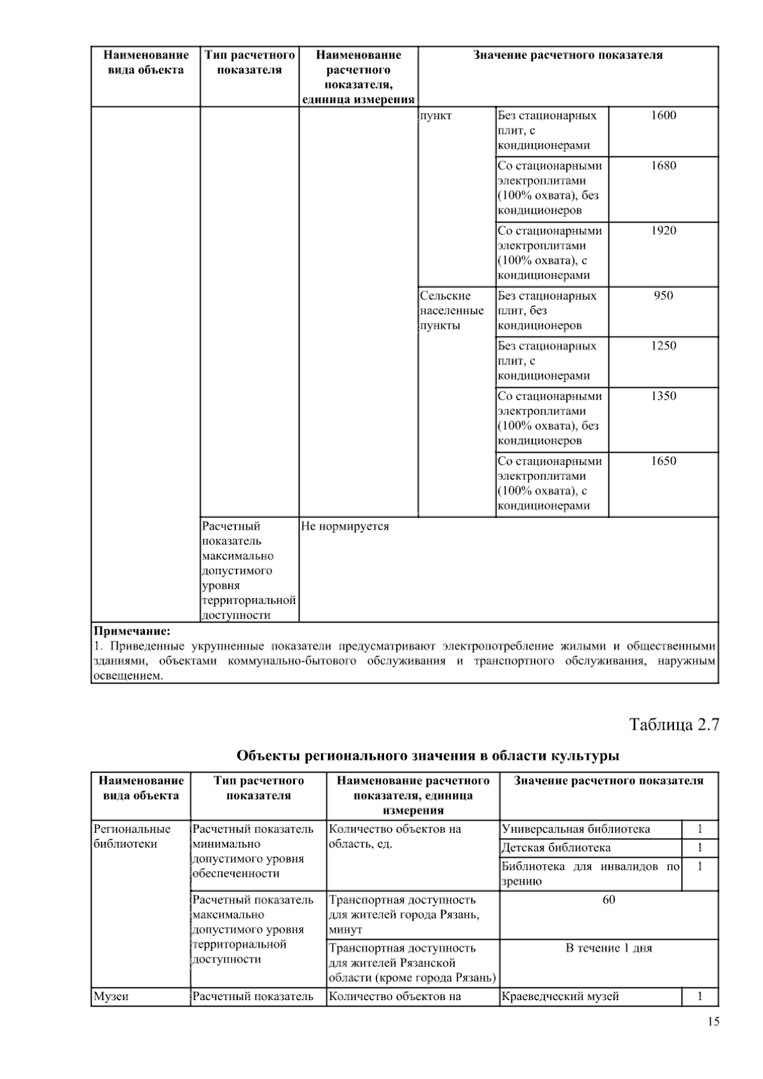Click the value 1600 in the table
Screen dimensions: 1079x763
[x=663, y=116]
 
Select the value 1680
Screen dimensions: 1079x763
[x=663, y=166]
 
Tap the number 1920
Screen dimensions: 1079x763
[x=663, y=231]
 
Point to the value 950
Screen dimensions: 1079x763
[x=663, y=296]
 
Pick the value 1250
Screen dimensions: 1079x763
[x=663, y=346]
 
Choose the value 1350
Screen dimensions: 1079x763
[x=663, y=396]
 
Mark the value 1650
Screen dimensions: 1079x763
[x=663, y=461]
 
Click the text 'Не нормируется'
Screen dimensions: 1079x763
[x=345, y=526]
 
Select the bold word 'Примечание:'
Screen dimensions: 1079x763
[x=132, y=631]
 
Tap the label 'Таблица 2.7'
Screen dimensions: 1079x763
[x=673, y=724]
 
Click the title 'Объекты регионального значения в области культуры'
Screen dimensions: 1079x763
[x=428, y=755]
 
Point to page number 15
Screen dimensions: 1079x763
[x=712, y=1022]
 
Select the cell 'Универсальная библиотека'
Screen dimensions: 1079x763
[x=575, y=829]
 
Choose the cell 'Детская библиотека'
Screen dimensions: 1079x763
[x=556, y=848]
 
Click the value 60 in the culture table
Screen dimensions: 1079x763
[x=608, y=900]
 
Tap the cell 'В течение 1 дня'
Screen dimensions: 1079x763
[x=608, y=948]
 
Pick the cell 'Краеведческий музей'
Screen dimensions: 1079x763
[x=560, y=996]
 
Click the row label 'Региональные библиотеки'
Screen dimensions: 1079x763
[x=132, y=836]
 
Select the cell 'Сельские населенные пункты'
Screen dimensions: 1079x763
[x=451, y=311]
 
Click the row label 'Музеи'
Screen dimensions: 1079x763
[x=111, y=996]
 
